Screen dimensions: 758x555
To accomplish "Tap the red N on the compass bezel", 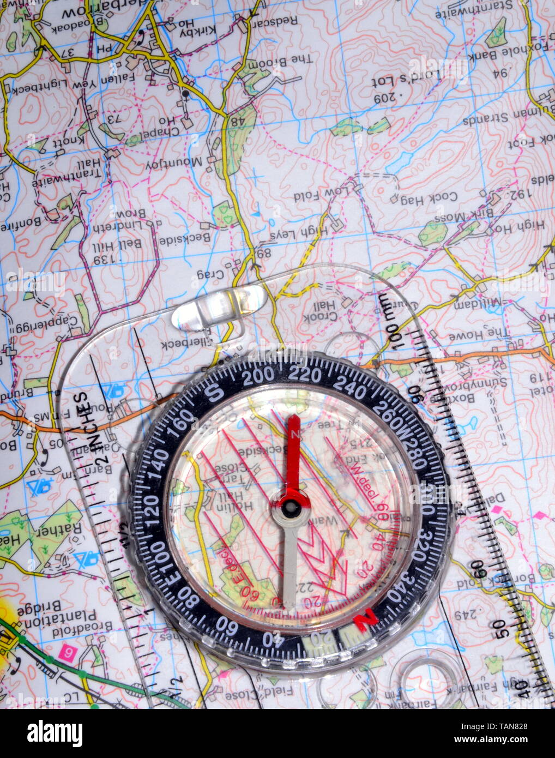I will click(366, 620).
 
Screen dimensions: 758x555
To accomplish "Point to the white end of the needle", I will click(289, 600).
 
